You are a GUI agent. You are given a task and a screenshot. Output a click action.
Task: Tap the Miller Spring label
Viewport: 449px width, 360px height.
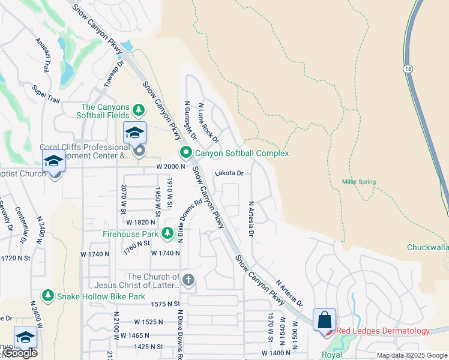(358, 182)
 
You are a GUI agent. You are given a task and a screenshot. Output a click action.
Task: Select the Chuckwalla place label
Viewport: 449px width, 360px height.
(427, 247)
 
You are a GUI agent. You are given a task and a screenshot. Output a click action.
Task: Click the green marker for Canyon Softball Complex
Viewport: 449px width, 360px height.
(186, 153)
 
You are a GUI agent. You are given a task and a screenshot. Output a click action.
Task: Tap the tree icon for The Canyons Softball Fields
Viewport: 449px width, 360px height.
(139, 110)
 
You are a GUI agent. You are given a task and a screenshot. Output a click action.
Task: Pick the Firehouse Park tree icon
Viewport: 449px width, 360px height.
(165, 234)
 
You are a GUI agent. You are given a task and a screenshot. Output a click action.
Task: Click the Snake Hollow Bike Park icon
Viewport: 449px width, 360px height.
(48, 296)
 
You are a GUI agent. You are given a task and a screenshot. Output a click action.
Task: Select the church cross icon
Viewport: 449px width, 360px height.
(188, 280)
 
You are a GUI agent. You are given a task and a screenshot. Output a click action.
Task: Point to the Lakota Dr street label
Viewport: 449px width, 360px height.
(229, 173)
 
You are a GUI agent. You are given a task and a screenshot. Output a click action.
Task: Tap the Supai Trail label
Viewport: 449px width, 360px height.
(46, 93)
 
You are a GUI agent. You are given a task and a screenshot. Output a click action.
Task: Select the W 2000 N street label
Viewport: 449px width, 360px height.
(167, 166)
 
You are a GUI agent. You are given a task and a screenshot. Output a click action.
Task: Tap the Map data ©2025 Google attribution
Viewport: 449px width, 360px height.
(412, 355)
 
